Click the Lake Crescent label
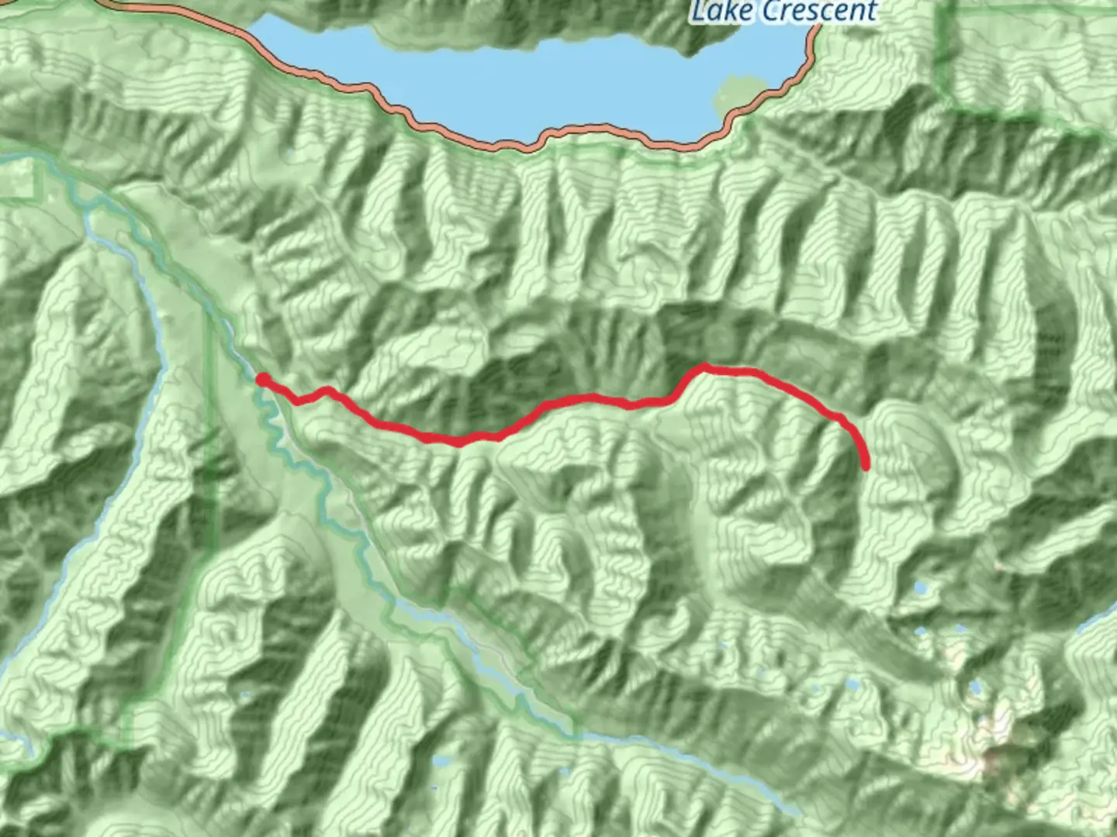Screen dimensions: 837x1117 (x=783, y=12)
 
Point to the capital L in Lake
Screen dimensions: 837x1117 (x=697, y=12)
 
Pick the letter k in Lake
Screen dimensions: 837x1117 (x=728, y=11)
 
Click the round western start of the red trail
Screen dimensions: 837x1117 (x=263, y=379)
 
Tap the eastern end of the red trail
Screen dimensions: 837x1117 (x=866, y=466)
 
